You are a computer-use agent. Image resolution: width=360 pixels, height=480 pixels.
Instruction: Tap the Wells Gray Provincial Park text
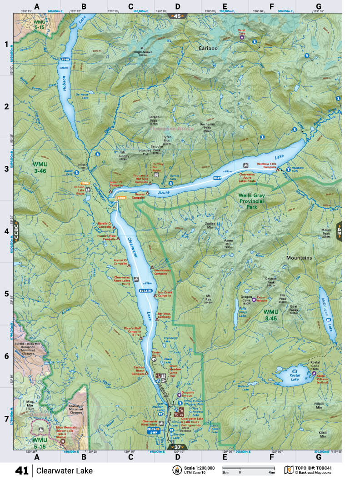click(x=255, y=200)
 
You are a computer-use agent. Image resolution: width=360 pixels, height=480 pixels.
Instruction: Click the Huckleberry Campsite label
click(x=163, y=272)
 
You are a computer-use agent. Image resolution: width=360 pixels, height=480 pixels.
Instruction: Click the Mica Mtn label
click(x=30, y=403)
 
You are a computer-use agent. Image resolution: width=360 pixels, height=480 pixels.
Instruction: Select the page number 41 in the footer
click(x=22, y=470)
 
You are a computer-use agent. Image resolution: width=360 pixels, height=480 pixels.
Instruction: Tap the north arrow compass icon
click(x=175, y=470)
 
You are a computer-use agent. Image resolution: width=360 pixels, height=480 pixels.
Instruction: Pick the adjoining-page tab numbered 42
click(x=339, y=230)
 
